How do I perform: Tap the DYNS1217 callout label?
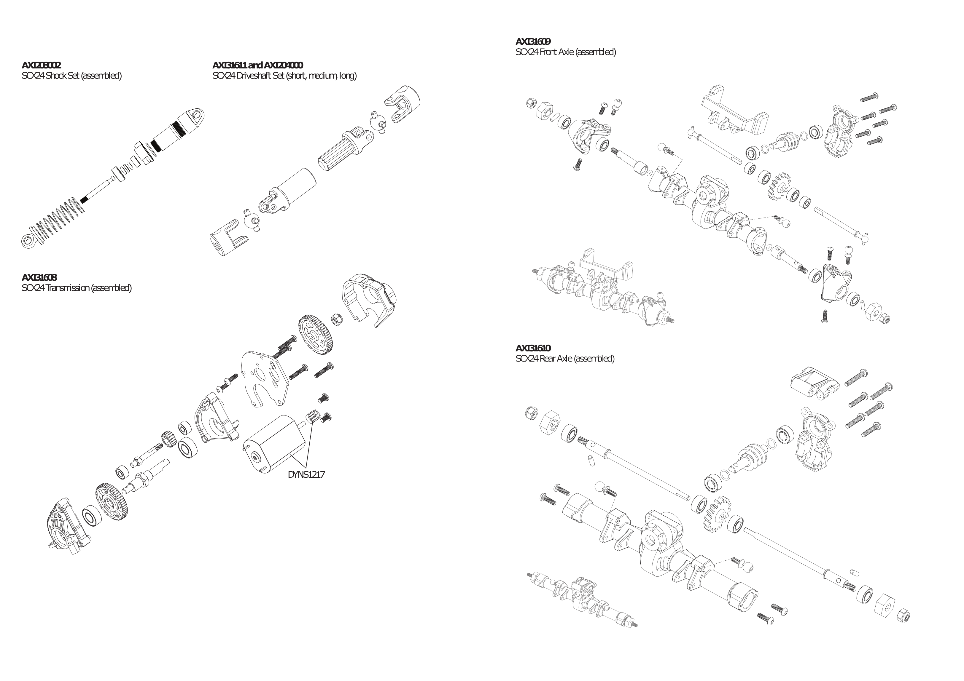coord(306,474)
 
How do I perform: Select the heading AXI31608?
coord(39,277)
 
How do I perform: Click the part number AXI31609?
coord(533,41)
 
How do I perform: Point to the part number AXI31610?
coord(533,348)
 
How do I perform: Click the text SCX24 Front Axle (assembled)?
coord(566,52)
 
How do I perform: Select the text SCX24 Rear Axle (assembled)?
coord(565,358)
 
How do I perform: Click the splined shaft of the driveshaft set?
coord(340,155)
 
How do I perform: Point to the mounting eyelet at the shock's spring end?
coord(28,240)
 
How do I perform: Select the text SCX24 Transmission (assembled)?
coord(77,288)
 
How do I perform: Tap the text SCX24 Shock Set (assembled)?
coord(71,76)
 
